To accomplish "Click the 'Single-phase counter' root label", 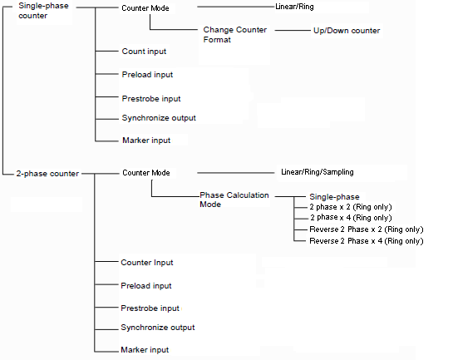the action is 43,11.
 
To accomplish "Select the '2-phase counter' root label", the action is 47,174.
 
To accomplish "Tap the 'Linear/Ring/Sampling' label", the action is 318,172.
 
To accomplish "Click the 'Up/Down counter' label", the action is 347,31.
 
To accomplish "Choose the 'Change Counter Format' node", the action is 235,35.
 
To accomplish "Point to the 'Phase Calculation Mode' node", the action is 234,200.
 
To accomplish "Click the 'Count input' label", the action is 144,52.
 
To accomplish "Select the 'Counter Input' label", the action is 147,263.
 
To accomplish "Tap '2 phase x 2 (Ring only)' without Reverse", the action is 351,207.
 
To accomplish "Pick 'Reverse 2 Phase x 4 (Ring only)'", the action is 367,241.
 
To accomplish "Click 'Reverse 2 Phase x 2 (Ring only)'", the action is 367,229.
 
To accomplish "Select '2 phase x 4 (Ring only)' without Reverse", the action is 351,218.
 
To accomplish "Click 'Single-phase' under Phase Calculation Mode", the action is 334,197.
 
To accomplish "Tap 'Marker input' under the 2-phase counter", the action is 145,350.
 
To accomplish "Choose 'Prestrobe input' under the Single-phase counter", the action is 151,99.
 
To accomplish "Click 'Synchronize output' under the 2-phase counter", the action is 158,328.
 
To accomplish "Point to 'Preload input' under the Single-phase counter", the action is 147,75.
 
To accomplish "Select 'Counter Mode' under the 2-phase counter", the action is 146,173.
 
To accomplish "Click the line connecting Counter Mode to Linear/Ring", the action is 236,7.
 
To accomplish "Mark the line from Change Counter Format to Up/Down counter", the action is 293,30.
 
